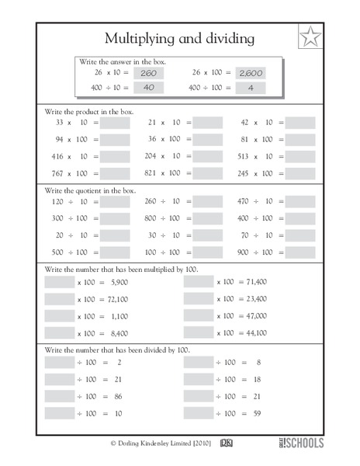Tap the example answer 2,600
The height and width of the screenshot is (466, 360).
click(x=250, y=73)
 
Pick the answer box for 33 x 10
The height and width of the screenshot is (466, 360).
click(x=115, y=123)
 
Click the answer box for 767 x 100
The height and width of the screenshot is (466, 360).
click(x=115, y=173)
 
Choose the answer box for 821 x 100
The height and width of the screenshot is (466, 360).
click(x=207, y=173)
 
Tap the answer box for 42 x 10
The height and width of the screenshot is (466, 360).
click(x=300, y=123)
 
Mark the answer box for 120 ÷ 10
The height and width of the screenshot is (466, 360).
click(x=115, y=202)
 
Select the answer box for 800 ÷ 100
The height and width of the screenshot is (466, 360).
click(x=207, y=218)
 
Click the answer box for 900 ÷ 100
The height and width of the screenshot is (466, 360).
click(x=300, y=252)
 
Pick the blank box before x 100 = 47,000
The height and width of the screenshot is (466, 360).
click(x=199, y=316)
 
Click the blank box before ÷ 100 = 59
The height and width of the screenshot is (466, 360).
click(x=199, y=413)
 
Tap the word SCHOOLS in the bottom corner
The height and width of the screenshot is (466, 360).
click(x=306, y=443)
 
